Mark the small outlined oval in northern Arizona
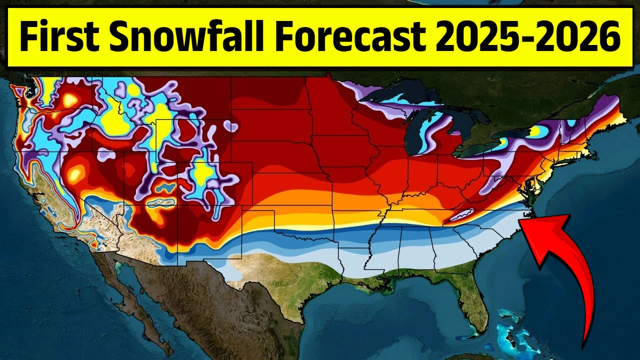coord(161,202)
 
